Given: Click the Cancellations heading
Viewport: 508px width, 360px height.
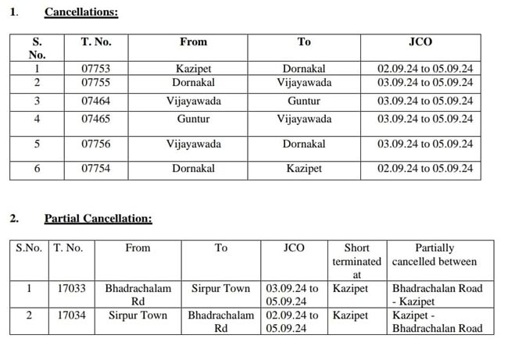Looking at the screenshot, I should click(81, 12).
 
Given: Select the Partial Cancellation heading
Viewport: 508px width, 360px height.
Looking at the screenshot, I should click(98, 219).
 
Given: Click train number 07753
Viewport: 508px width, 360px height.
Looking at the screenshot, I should click(95, 69).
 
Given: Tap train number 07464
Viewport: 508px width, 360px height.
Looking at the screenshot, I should click(95, 101).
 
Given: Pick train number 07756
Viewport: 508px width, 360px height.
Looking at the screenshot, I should click(95, 144).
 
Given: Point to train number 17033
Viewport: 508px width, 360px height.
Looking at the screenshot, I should click(71, 288).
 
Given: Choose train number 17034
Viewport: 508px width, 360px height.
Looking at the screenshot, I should click(71, 315).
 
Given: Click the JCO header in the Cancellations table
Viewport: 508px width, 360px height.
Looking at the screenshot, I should click(420, 42).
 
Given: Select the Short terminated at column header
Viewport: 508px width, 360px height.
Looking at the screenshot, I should click(356, 261).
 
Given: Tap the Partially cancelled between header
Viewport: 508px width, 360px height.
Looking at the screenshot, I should click(435, 255).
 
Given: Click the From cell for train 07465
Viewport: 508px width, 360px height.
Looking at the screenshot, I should click(193, 119).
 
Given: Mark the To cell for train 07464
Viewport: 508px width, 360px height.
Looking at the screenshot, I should click(303, 101).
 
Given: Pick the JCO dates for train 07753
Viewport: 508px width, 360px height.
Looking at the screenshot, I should click(424, 69).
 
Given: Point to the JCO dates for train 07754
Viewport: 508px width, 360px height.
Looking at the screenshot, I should click(424, 169).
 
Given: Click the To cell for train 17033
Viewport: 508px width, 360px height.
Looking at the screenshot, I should click(221, 288).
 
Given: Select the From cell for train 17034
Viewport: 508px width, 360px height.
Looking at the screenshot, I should click(138, 315).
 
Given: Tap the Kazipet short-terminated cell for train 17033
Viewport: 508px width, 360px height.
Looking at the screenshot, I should click(349, 288).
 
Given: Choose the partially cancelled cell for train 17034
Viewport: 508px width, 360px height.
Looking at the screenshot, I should click(437, 322).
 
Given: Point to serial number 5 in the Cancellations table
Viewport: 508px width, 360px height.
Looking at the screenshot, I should click(37, 144).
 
